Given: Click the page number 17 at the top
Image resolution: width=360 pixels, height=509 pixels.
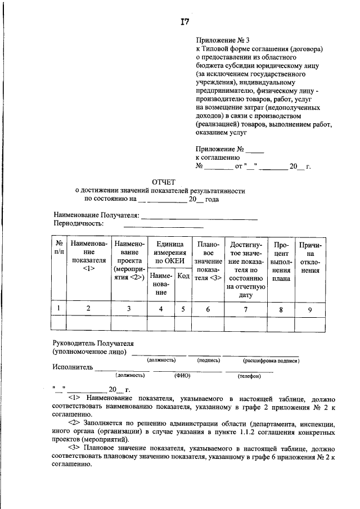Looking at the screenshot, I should [x=184, y=22].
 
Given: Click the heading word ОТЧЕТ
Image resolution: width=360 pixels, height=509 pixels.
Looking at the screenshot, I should [x=164, y=182].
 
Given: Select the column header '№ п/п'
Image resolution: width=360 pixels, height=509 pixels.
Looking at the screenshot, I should [x=58, y=248].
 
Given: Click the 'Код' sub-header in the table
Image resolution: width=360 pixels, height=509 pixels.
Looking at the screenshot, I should [x=183, y=276].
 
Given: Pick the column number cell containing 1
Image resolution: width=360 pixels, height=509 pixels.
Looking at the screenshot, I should [x=58, y=308].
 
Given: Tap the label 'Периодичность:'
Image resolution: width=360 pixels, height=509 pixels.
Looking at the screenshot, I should [x=79, y=223].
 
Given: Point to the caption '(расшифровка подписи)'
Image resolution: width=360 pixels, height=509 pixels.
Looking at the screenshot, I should [x=271, y=360].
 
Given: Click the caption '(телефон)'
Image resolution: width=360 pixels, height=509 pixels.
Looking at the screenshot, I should [x=249, y=375].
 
